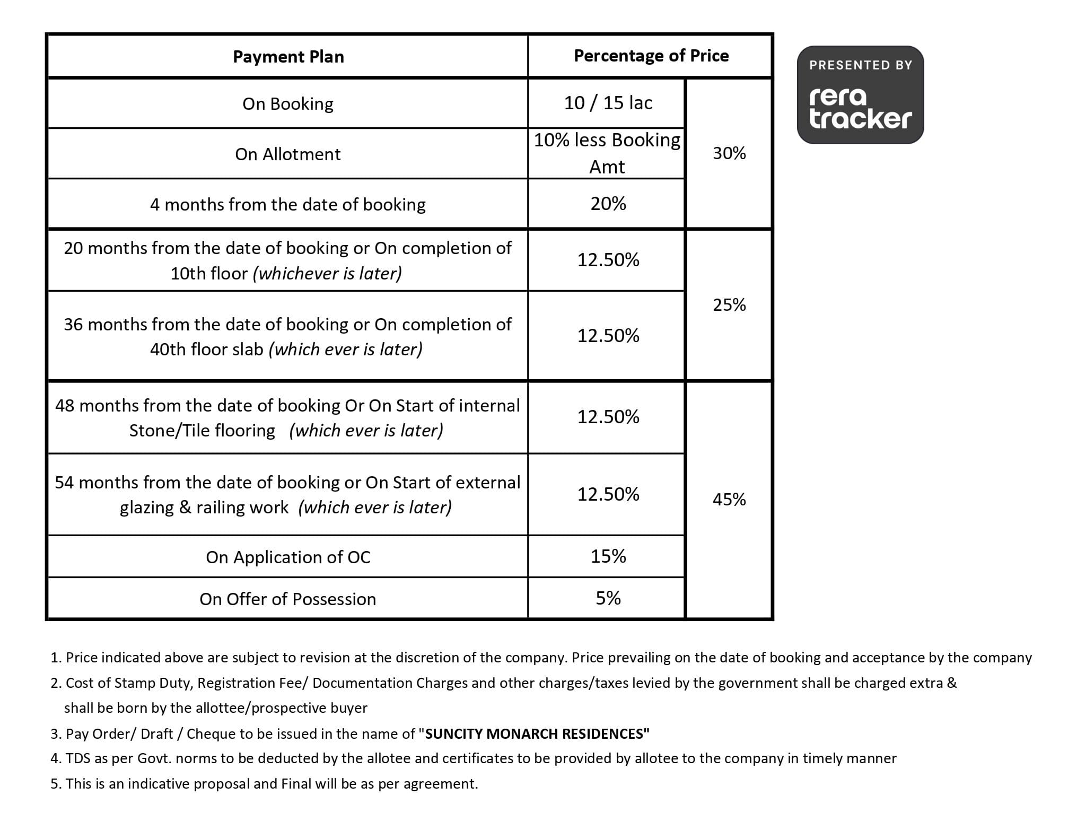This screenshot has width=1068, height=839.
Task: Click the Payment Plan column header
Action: (288, 57)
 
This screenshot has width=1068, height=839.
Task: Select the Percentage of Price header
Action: (651, 56)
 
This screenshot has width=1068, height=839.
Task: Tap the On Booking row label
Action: (287, 103)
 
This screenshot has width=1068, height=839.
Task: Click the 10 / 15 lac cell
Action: (608, 103)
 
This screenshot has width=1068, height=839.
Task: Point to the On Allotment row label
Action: (287, 154)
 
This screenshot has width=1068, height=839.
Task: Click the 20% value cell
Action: (608, 204)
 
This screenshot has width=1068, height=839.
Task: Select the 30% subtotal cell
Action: (729, 153)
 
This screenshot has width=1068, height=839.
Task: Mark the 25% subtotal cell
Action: (729, 305)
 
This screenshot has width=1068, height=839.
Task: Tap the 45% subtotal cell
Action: (729, 500)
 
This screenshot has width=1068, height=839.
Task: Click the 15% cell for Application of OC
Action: (608, 556)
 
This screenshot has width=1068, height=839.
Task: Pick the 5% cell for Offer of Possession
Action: (608, 598)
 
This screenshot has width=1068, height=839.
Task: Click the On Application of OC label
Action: (287, 557)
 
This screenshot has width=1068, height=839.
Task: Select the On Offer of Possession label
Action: (287, 599)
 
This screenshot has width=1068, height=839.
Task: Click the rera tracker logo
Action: (860, 109)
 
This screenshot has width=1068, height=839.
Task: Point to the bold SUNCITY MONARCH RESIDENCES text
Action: (537, 734)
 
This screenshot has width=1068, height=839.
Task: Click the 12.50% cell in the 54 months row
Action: (608, 494)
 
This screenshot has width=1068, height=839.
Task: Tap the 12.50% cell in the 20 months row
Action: (608, 260)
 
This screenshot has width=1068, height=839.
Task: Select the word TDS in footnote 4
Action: (77, 759)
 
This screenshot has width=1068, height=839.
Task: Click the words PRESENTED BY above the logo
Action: (860, 65)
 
